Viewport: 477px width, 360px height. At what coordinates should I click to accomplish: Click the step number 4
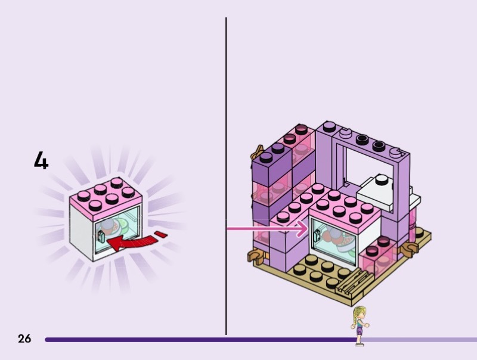coord(41,161)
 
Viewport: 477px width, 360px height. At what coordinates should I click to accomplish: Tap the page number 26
coord(24,339)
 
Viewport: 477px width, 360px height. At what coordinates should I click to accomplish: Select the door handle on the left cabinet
coord(101,237)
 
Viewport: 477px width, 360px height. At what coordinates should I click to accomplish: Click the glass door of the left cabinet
coord(119,229)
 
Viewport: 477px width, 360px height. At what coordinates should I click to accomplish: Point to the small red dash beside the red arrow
coord(160,232)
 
